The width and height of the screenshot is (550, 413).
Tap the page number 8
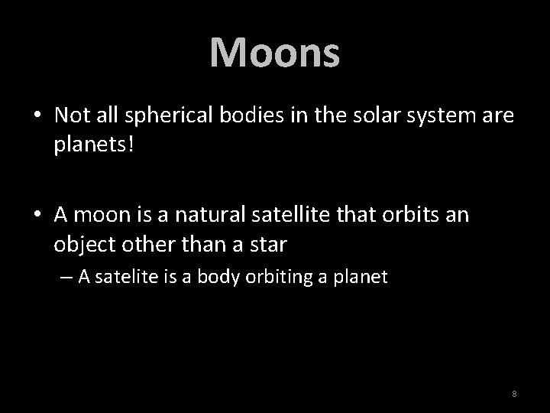(514, 394)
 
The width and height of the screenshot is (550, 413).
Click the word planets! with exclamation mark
(94, 145)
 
